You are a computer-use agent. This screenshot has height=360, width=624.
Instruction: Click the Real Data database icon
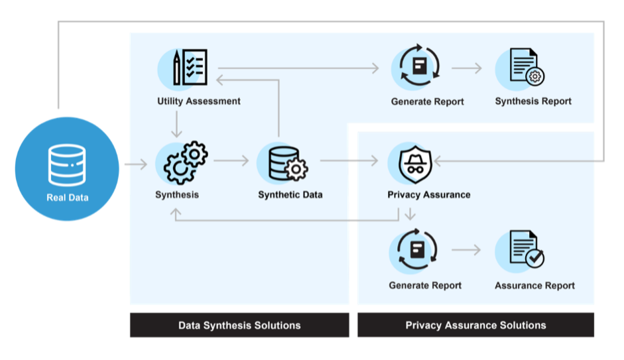[x=67, y=164]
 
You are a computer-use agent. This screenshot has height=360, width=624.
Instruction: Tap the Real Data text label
[x=67, y=197]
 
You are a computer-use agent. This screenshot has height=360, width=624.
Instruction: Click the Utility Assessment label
[x=199, y=101]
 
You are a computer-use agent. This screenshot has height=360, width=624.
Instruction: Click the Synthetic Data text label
[x=290, y=195]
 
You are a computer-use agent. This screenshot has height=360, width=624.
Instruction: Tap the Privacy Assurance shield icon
[x=415, y=161]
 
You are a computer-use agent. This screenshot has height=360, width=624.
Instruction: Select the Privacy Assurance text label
[x=428, y=195]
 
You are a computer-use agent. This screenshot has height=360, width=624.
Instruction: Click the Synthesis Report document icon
[x=527, y=68]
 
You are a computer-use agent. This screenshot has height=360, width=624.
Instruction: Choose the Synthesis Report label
[x=533, y=101]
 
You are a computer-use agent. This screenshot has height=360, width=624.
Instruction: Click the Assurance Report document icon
[x=527, y=251]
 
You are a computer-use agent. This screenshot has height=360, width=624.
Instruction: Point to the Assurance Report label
[x=534, y=286]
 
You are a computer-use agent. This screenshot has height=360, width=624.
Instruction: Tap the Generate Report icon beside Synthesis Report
[x=419, y=68]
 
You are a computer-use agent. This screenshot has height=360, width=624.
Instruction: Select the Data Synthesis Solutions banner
[x=239, y=326]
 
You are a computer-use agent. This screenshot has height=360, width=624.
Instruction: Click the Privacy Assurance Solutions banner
[x=475, y=326]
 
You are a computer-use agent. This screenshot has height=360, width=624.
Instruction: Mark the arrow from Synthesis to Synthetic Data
[x=231, y=161]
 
